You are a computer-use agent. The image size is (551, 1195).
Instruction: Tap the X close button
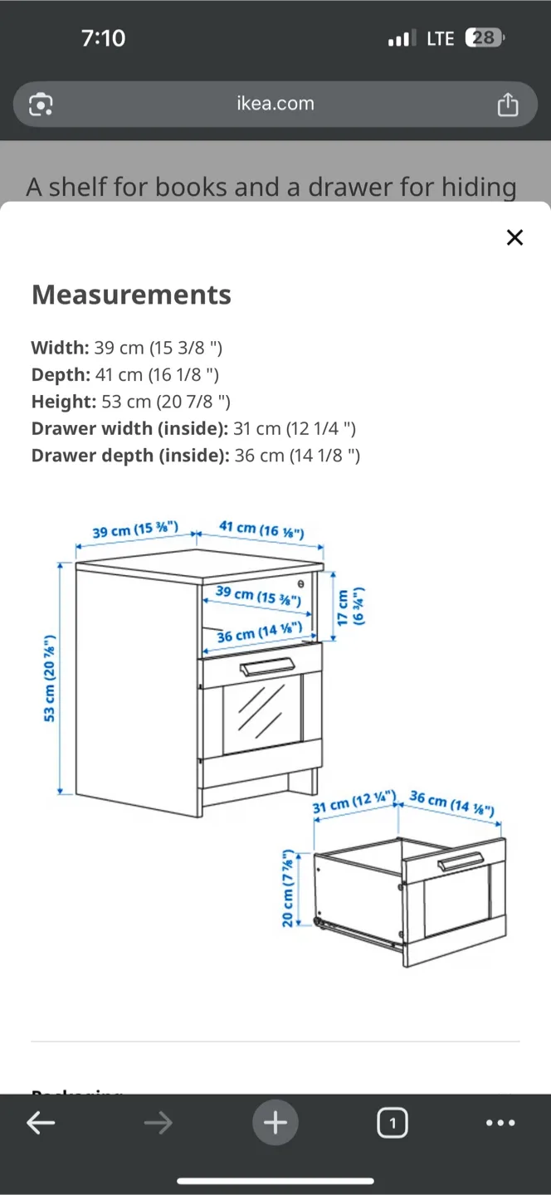[514, 238]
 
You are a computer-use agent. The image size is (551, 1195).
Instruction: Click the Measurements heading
[131, 295]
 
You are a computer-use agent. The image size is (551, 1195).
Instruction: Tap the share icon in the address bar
[507, 105]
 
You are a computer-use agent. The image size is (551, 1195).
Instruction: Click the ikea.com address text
[275, 104]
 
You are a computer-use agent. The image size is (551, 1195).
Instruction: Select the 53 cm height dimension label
[50, 678]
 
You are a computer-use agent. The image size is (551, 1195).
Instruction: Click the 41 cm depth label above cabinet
[261, 529]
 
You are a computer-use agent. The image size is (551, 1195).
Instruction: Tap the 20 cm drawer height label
[288, 888]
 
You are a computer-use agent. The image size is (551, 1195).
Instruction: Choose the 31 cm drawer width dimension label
[354, 802]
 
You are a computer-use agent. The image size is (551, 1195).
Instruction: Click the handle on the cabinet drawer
[266, 666]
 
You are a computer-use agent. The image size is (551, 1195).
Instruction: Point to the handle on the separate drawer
[461, 862]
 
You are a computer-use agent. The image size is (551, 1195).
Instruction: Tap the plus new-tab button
[275, 1123]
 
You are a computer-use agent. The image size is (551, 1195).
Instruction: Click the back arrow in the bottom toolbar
[41, 1123]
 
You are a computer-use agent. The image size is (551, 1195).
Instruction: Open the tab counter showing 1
[392, 1124]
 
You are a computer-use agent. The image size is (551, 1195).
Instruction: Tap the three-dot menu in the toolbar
[500, 1123]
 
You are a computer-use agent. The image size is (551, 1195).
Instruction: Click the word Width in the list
[58, 348]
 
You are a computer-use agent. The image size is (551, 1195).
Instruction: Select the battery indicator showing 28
[484, 38]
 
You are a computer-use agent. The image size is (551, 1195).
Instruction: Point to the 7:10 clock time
[104, 38]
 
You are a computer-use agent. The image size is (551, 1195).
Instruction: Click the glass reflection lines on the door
[260, 711]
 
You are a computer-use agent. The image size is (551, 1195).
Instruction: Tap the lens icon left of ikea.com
[41, 105]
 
